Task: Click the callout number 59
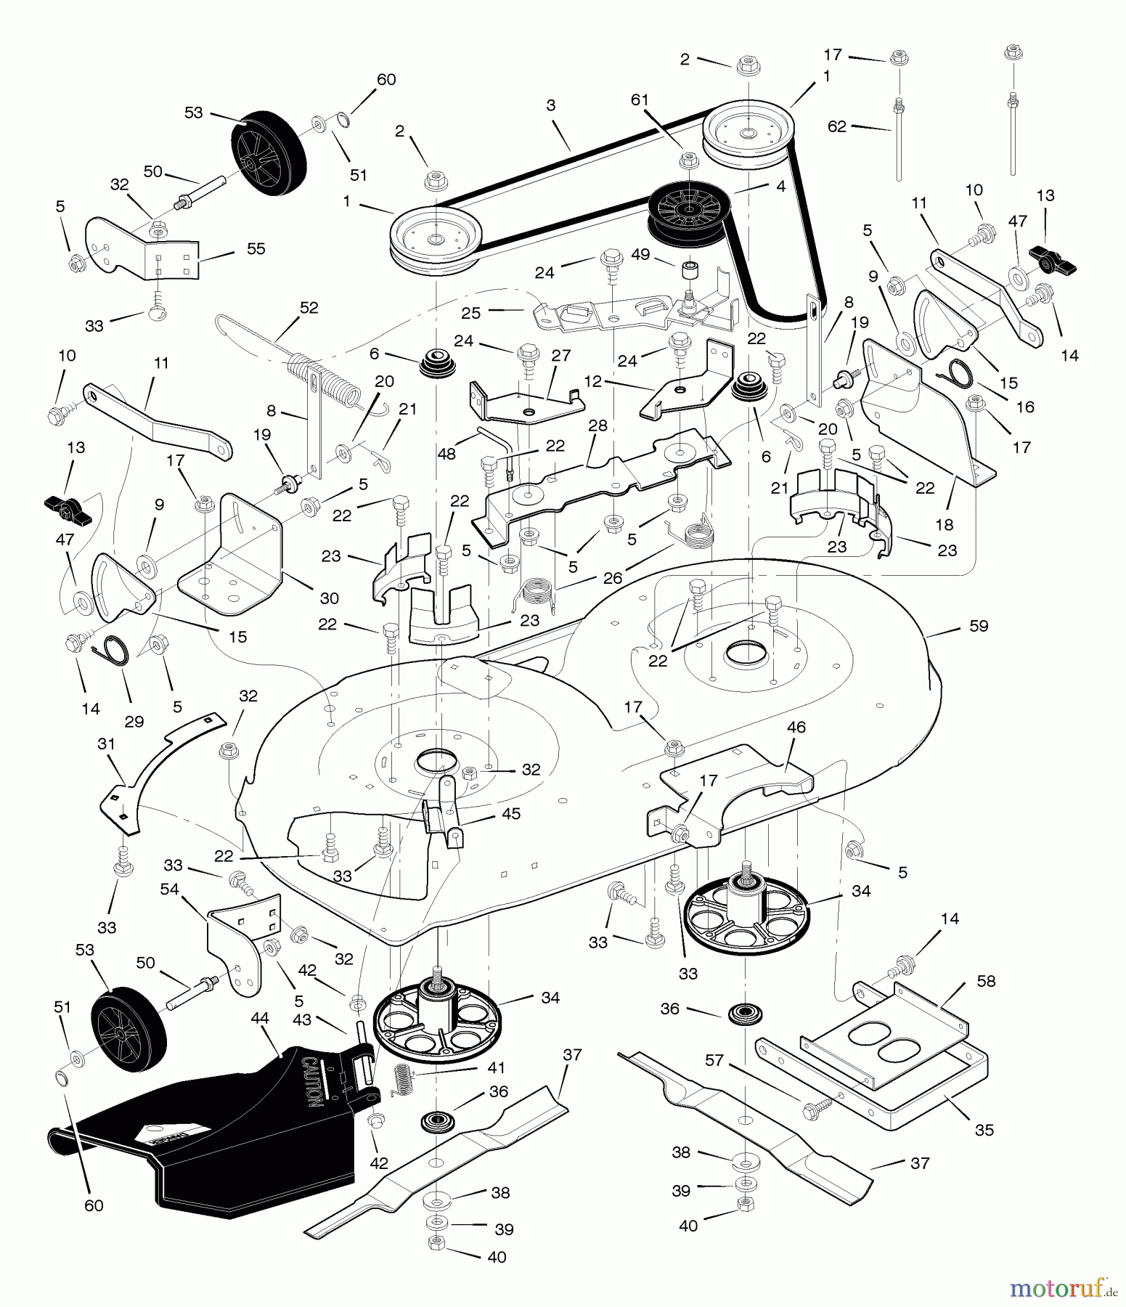(x=979, y=626)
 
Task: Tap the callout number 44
(x=259, y=1019)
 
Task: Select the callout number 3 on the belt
(x=551, y=105)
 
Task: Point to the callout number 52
(x=309, y=308)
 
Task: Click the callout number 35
(x=984, y=1130)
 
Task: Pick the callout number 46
(x=796, y=727)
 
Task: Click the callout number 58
(x=986, y=981)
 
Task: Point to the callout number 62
(x=837, y=126)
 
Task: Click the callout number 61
(x=639, y=99)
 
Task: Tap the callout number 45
(x=511, y=813)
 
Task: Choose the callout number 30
(x=330, y=598)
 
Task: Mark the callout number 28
(x=597, y=426)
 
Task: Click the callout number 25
(x=471, y=313)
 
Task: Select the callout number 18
(x=945, y=524)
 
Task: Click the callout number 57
(x=714, y=1061)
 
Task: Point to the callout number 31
(x=107, y=745)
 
